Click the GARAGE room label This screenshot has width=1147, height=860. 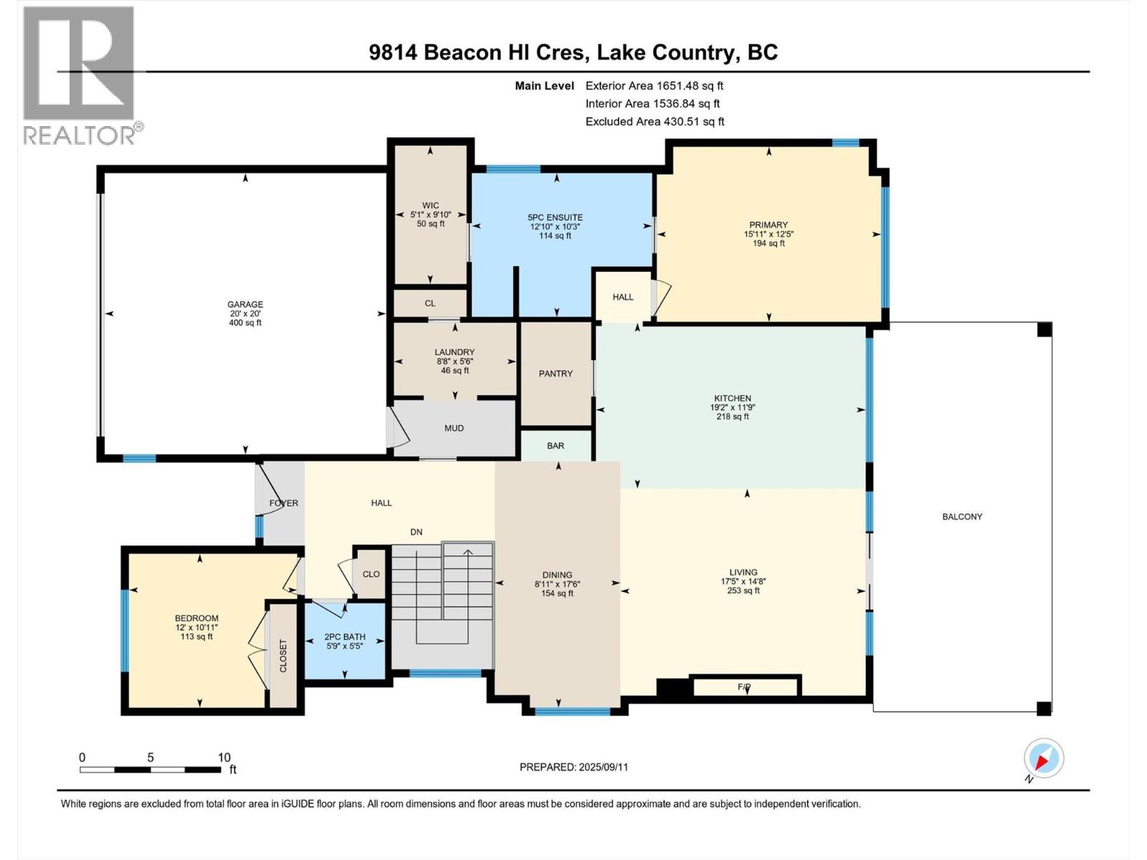coord(245,305)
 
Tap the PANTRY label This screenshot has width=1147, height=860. coord(556,373)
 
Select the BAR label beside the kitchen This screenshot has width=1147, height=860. coord(556,446)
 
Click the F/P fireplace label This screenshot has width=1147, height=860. coord(744,687)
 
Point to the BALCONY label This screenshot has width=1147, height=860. coord(962,517)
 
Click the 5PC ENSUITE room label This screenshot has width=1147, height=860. coord(555,218)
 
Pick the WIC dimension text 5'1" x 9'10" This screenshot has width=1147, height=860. coord(431,215)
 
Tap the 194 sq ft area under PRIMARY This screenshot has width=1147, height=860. coord(768,244)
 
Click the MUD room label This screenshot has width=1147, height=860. coord(454,429)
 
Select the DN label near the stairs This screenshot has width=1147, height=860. coord(417,532)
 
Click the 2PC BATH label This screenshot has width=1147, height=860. coord(345,636)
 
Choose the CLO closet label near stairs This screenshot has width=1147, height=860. coord(371,574)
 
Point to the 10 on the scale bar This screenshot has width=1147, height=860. coord(224,758)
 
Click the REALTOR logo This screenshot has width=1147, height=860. coord(79,75)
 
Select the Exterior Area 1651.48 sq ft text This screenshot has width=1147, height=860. coord(654,85)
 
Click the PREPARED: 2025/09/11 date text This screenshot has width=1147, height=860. coord(573,767)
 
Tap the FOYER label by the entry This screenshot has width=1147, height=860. coord(284,503)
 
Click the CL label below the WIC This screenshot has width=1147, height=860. coord(430,303)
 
